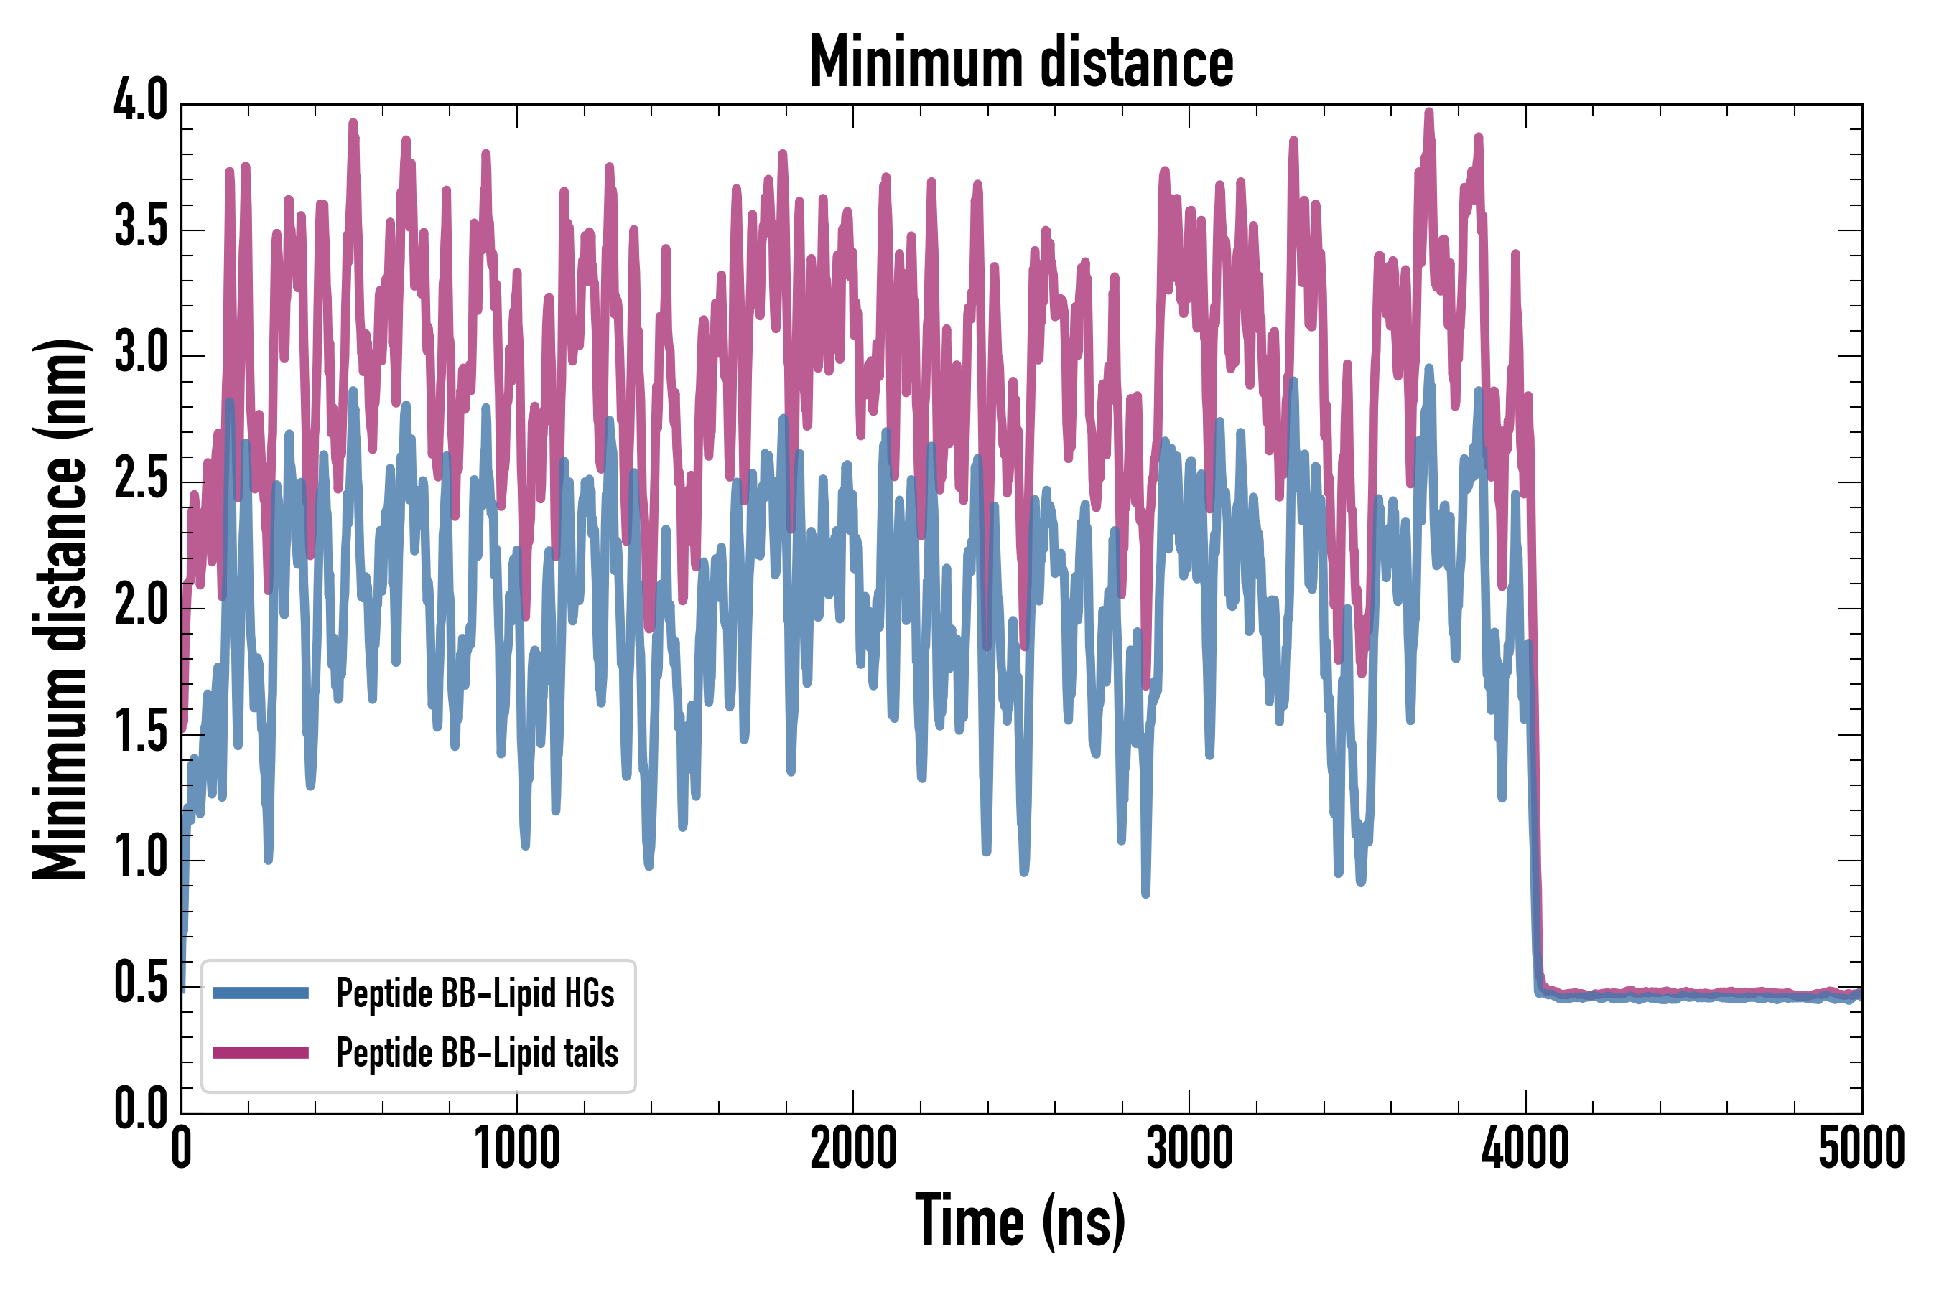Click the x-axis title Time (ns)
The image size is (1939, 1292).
click(1020, 1221)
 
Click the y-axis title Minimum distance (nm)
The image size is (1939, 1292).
click(60, 609)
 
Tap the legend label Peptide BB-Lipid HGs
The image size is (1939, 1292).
click(475, 993)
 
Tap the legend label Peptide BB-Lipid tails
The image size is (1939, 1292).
click(478, 1053)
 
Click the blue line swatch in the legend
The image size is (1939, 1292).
click(261, 993)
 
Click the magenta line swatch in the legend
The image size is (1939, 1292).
click(261, 1052)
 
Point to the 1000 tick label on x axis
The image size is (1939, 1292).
click(517, 1148)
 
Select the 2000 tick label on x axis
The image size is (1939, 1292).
click(853, 1148)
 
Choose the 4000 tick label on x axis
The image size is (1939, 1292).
click(1525, 1148)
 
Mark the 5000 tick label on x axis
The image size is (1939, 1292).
click(1861, 1148)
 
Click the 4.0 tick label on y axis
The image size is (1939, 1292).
click(140, 101)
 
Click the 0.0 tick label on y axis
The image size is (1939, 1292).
click(140, 1108)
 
